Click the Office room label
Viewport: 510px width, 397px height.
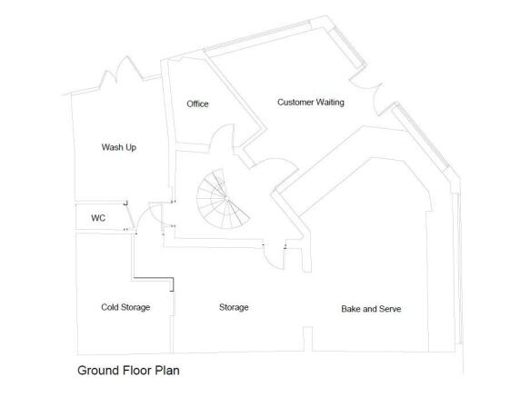[197, 104]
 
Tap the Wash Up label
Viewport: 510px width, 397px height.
[119, 147]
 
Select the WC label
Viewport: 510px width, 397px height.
[98, 218]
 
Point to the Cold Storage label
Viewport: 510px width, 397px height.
[125, 307]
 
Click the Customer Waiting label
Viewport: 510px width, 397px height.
[311, 103]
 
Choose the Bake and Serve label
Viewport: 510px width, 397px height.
[371, 309]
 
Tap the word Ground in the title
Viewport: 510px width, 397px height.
[98, 371]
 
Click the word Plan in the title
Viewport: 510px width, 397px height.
[167, 371]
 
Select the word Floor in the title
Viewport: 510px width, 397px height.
[137, 371]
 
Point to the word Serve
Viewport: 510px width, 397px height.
[390, 309]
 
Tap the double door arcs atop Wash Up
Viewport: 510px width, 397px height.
[121, 69]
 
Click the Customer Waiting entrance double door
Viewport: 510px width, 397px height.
[365, 87]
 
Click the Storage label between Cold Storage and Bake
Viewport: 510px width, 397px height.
[234, 307]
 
